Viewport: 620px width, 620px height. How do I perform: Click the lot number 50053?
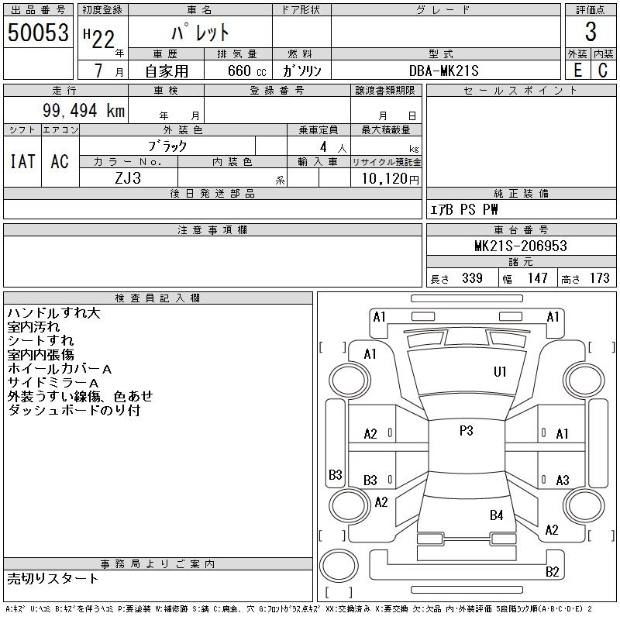[36, 33]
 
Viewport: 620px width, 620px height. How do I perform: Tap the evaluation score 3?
[591, 33]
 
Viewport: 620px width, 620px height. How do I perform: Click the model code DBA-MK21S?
[441, 70]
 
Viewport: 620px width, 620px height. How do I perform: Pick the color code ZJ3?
[128, 177]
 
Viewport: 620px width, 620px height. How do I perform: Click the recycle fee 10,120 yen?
[387, 178]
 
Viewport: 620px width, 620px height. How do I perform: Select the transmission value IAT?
[22, 161]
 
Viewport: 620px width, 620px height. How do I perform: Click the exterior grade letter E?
[577, 71]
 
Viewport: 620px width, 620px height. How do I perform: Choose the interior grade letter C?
[602, 71]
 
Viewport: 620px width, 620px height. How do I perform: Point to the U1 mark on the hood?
[500, 372]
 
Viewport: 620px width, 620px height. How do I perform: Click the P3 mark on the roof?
[466, 431]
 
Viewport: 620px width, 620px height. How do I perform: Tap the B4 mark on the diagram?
[496, 515]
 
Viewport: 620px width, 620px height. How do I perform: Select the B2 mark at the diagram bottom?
[552, 572]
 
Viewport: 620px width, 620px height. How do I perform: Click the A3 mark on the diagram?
[563, 480]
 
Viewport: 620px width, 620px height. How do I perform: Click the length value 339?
[471, 278]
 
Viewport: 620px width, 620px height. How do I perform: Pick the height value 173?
[599, 278]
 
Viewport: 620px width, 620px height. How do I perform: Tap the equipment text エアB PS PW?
[465, 209]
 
